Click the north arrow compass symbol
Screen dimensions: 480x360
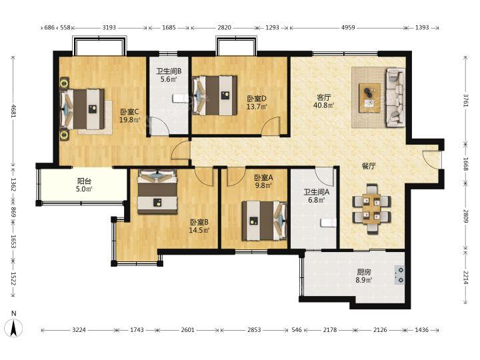(14, 328)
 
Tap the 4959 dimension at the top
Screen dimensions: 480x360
(348, 27)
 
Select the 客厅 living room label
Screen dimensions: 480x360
(323, 97)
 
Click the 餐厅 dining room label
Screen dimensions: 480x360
(369, 166)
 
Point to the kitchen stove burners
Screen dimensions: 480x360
(400, 275)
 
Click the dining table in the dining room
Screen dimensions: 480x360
(371, 209)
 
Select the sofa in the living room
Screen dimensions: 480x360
(395, 97)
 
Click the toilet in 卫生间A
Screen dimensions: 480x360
(328, 223)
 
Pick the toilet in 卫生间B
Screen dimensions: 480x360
(180, 98)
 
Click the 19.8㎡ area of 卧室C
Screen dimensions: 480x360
(129, 120)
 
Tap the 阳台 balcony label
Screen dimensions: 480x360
(84, 181)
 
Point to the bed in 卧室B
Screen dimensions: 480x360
(157, 192)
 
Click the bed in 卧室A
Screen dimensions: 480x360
(265, 221)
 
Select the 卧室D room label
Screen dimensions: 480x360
(257, 99)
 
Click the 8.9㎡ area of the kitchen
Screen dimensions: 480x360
(364, 280)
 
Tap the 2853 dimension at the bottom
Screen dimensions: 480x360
(254, 330)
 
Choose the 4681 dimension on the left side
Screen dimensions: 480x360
(13, 111)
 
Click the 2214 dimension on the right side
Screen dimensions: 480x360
(465, 277)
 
